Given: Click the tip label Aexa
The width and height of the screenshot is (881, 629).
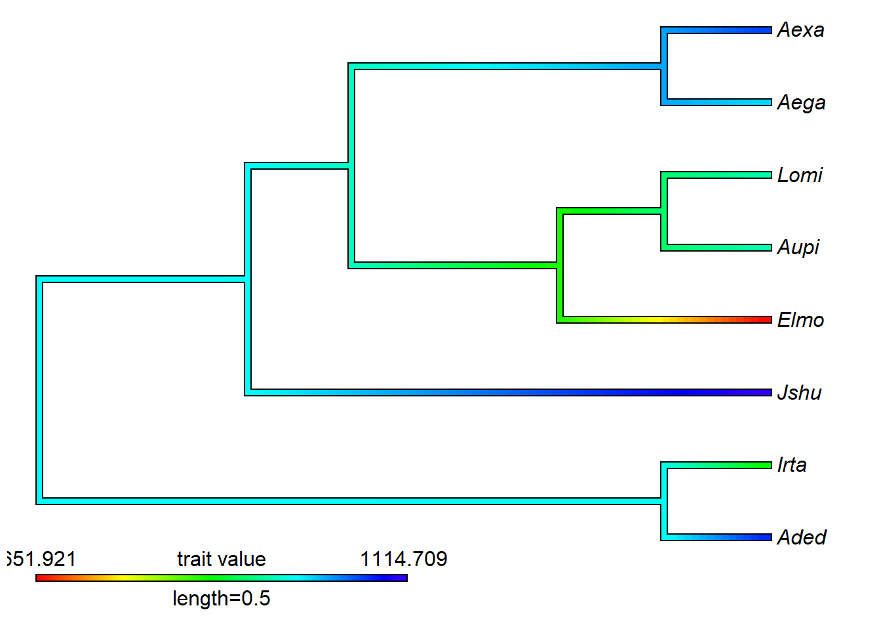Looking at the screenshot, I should point(800,30).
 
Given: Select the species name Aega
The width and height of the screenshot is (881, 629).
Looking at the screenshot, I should point(801,103).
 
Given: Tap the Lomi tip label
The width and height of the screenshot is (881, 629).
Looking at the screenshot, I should point(800,175).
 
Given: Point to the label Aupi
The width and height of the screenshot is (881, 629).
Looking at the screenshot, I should point(798,248).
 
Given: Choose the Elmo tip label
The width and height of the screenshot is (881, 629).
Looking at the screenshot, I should point(800,320).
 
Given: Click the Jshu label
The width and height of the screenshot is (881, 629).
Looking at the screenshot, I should point(799,392).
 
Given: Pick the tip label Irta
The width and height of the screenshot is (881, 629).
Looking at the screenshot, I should point(792,465).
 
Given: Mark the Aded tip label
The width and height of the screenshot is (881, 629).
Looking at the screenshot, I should point(802,538).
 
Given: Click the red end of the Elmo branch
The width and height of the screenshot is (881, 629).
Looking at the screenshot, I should point(767,320).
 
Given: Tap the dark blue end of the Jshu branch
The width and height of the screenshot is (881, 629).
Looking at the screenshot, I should point(767,392).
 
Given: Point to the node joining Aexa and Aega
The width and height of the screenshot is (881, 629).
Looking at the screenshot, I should point(664,66).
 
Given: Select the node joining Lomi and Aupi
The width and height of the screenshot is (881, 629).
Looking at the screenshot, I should point(664,211).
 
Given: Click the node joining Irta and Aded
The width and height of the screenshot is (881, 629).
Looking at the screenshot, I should point(664,501).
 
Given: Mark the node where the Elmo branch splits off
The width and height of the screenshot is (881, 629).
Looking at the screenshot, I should point(560,265).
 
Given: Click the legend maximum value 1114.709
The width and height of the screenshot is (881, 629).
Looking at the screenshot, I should point(403,559).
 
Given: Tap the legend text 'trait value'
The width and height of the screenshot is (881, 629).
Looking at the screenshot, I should point(222,559).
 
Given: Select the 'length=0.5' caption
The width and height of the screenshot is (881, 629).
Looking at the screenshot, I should point(222,598).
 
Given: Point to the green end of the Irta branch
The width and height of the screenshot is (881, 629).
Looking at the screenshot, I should point(767,465).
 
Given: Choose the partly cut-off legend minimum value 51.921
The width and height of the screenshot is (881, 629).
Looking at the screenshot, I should point(41,559).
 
